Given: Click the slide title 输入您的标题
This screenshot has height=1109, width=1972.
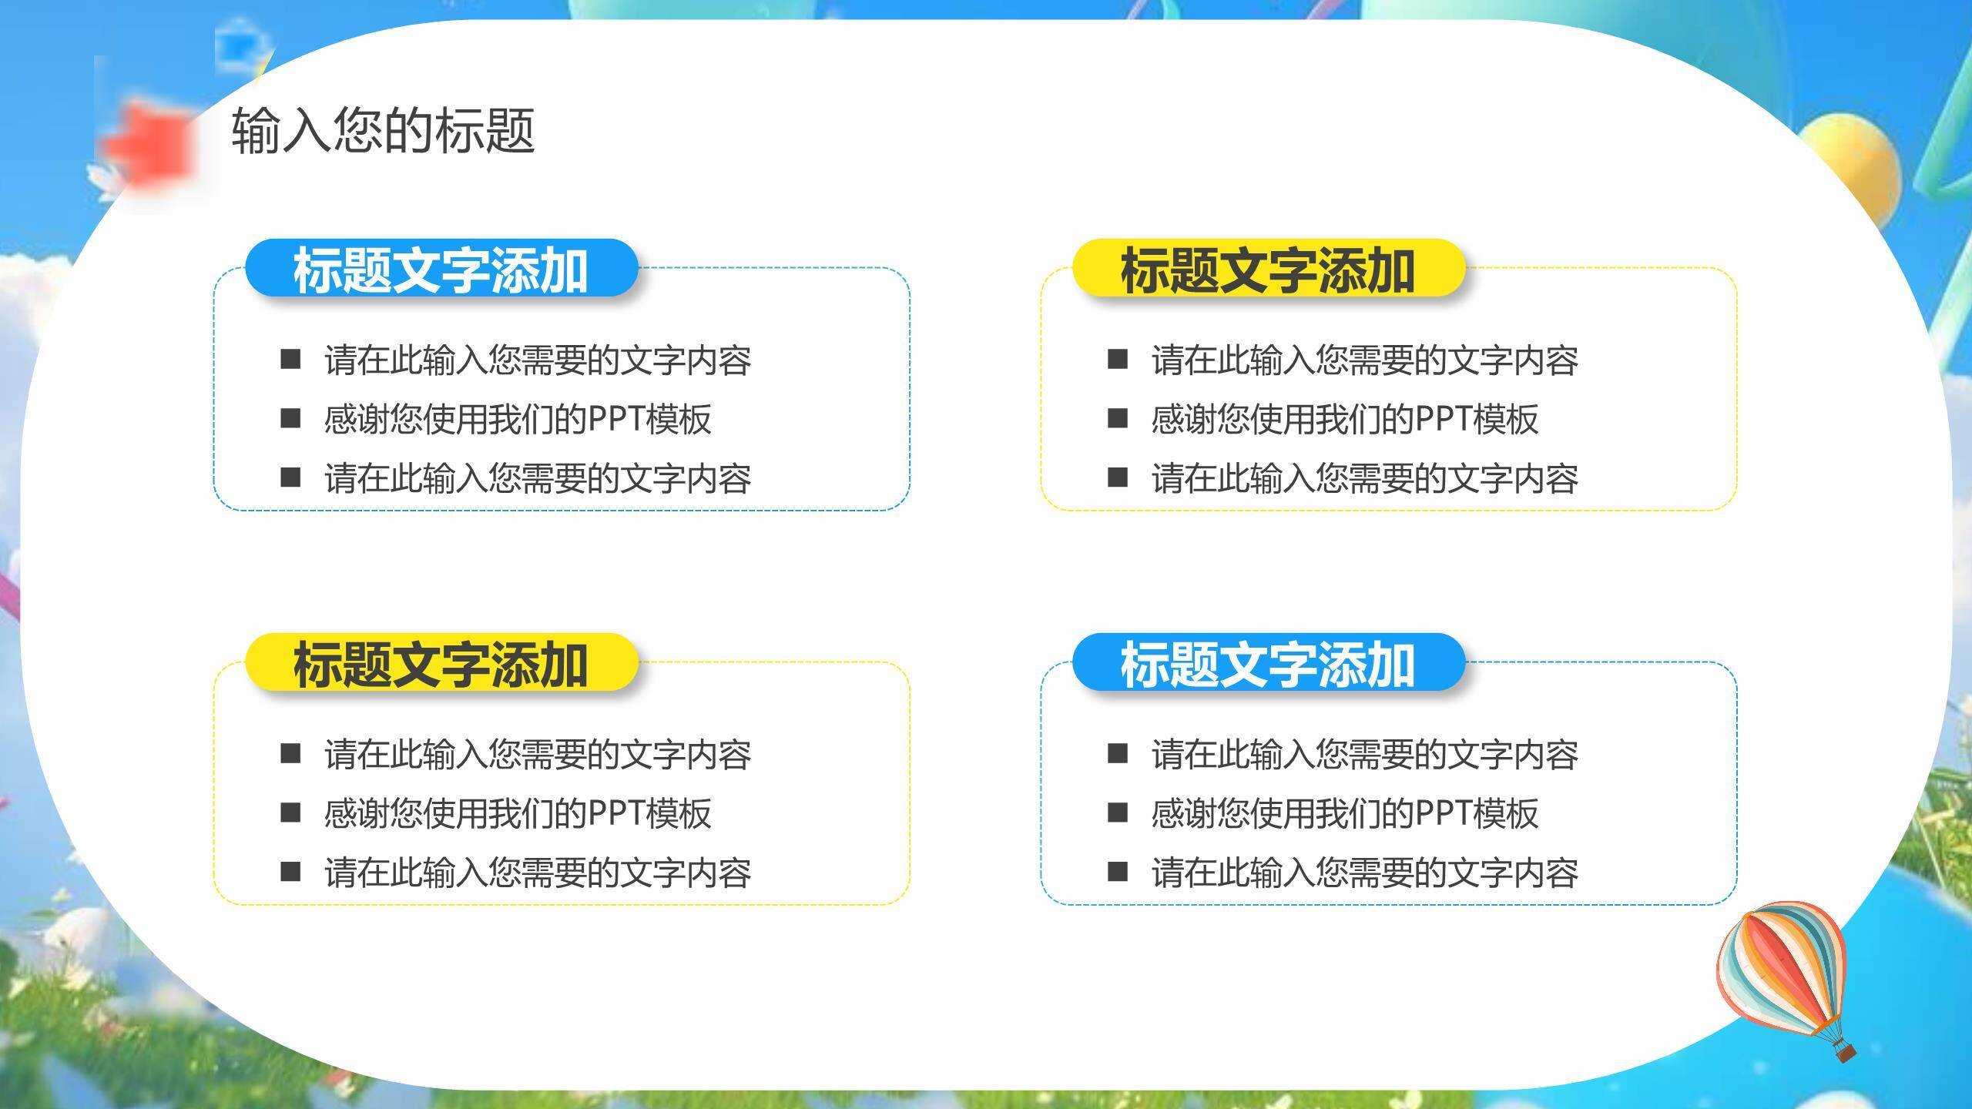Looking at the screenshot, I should click(383, 129).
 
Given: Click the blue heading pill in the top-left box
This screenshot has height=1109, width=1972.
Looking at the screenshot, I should click(441, 269).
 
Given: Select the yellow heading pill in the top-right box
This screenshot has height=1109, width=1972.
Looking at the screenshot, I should click(1268, 269).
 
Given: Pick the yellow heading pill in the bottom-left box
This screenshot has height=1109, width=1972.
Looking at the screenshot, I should click(441, 663).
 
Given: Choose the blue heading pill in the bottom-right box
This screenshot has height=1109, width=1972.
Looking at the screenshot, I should click(1268, 663).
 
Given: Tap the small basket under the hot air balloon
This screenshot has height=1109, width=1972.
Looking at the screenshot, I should click(1844, 1050).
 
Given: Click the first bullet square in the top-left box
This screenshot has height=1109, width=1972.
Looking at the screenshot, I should click(290, 359).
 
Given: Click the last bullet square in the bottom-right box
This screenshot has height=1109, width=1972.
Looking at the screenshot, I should click(1118, 872).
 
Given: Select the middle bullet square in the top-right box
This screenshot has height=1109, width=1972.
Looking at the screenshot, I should click(1118, 418).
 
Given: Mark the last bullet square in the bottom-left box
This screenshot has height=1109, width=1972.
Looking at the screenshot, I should click(290, 872).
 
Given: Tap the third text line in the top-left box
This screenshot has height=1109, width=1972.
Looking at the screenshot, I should click(538, 478).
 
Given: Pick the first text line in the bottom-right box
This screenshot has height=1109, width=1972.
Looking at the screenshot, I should click(1364, 754).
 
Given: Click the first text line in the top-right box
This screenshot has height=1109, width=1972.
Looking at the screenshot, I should click(1364, 360).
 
